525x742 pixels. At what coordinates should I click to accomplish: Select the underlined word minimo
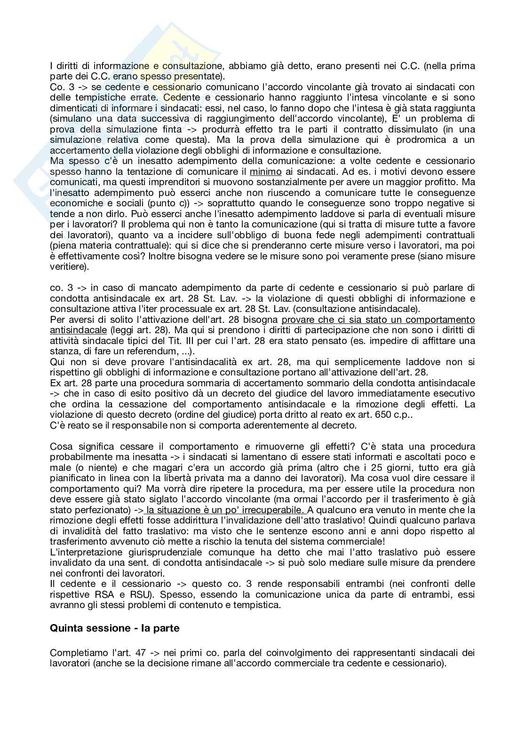point(265,172)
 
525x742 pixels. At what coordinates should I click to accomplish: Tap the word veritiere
point(68,266)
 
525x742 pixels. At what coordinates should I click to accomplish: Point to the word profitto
point(443,182)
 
